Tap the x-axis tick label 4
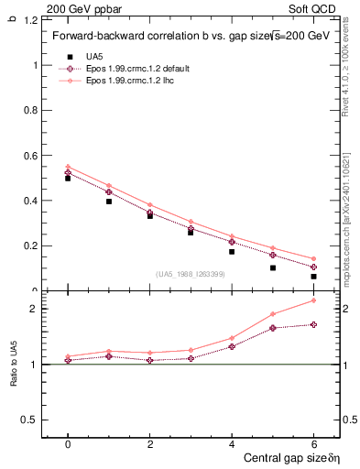pos(232,443)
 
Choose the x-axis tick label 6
pos(313,443)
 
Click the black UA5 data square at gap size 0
pos(68,179)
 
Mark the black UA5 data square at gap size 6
pos(313,276)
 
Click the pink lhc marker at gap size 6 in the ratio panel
pos(313,300)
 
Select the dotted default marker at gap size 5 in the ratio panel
pos(272,328)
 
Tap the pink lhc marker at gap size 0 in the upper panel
pos(68,167)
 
